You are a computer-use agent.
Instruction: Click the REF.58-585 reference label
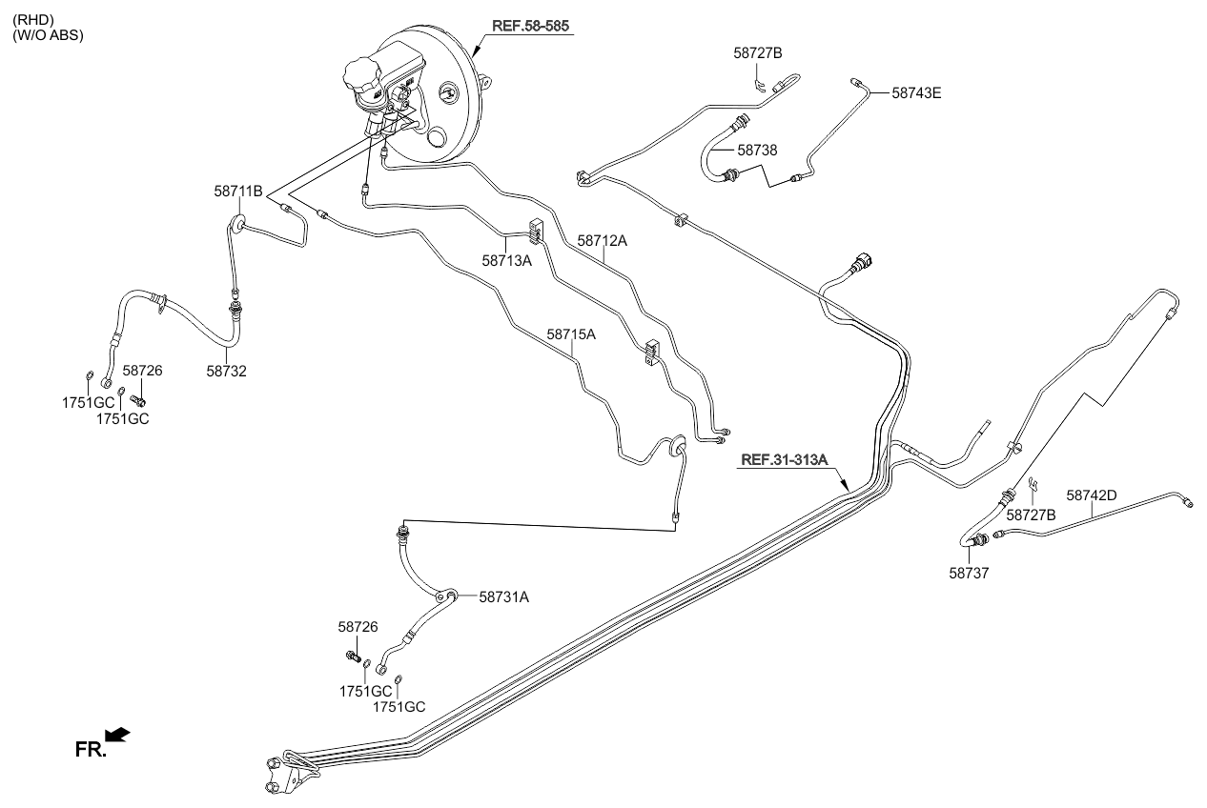tap(532, 26)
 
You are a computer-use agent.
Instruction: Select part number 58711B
tap(237, 192)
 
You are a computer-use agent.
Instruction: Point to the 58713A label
tap(506, 258)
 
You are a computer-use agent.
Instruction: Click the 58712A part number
tap(602, 241)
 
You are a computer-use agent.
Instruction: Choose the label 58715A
tap(571, 334)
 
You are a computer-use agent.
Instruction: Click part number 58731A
tap(503, 597)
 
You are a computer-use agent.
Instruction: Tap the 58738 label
tap(757, 150)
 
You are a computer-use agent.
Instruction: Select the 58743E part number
tap(916, 93)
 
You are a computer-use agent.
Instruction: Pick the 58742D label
tap(1091, 495)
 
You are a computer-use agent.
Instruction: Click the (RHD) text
tap(32, 17)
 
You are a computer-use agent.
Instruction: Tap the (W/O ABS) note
tap(48, 35)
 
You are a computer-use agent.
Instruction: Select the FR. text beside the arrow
tap(89, 749)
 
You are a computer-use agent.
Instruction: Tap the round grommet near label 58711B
tap(236, 225)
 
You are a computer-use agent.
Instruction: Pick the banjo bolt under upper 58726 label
tap(137, 399)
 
